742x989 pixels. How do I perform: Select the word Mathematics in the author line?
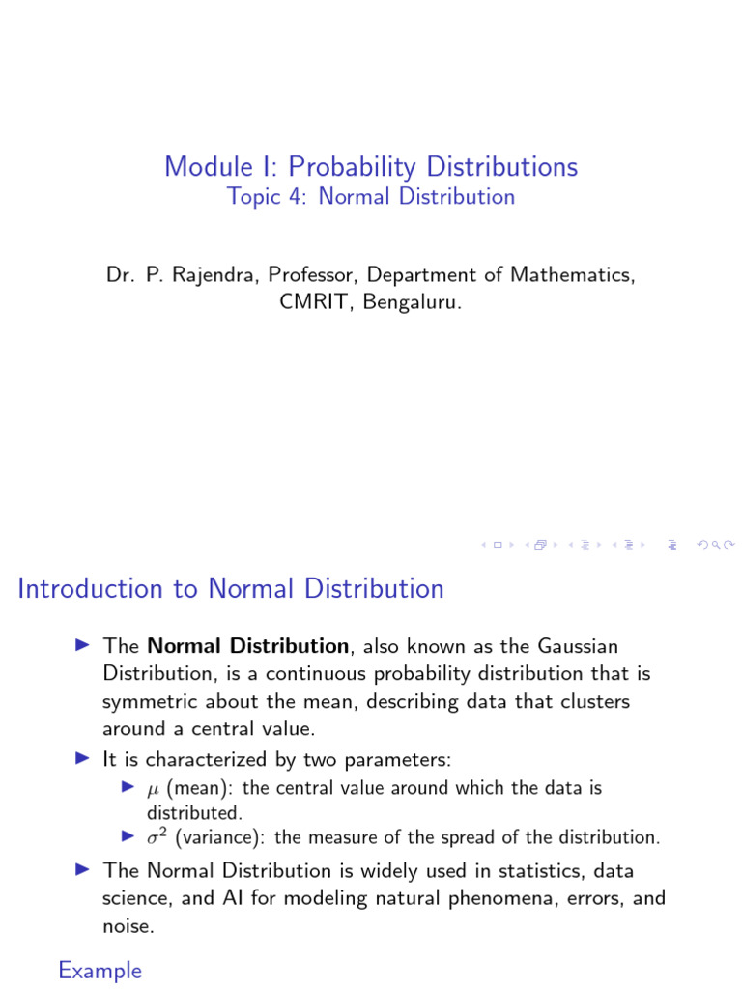[574, 275]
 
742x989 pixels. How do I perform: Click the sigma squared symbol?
[157, 837]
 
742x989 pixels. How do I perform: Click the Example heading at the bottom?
[100, 970]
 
